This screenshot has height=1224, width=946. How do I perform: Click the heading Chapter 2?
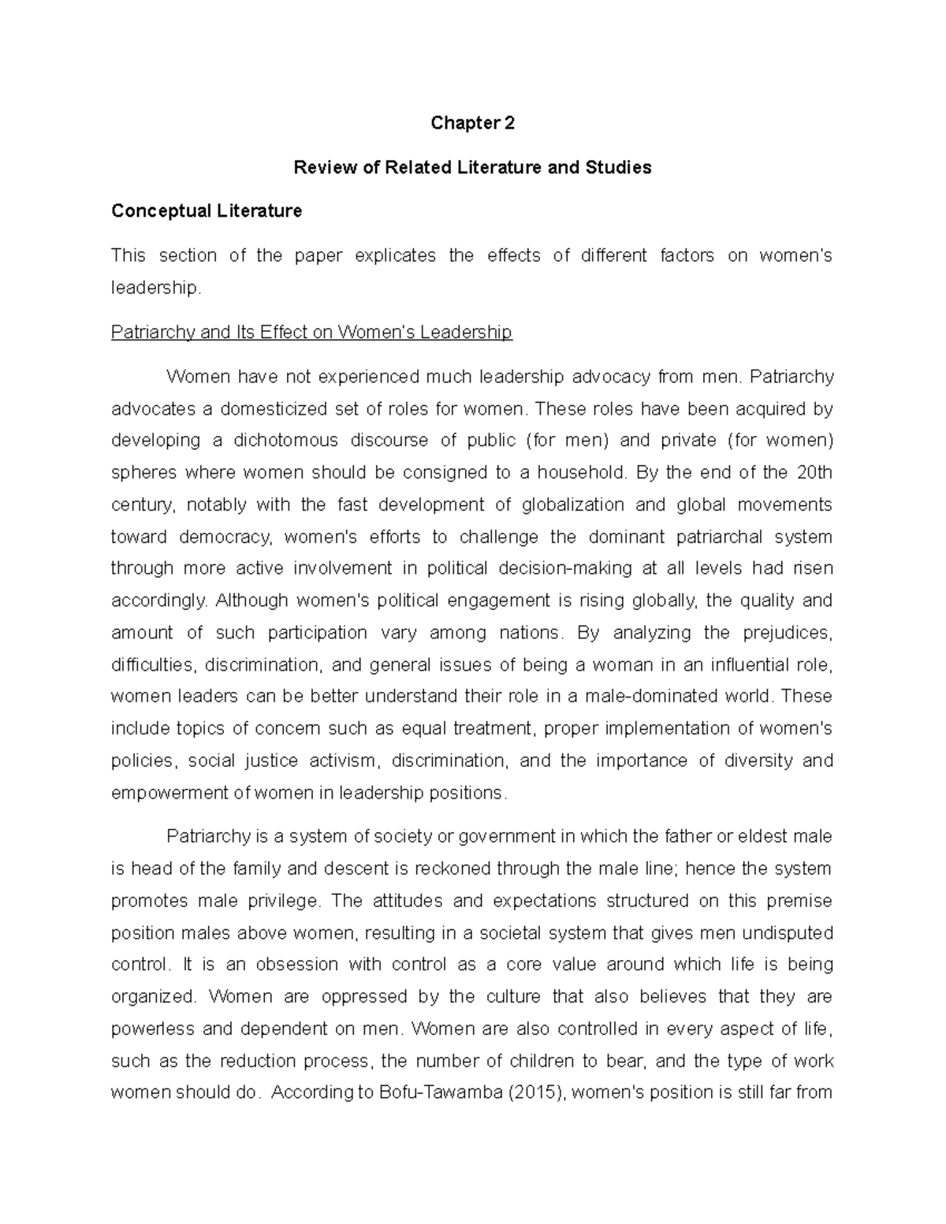point(472,123)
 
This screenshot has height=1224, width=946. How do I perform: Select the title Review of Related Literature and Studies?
point(472,167)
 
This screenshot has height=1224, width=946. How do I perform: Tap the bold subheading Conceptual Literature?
point(207,211)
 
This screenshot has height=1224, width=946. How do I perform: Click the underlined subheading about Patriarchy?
point(311,332)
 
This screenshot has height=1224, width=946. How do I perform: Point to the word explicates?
point(395,255)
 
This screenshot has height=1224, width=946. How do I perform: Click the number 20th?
point(814,472)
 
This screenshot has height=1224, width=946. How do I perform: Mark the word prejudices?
point(786,633)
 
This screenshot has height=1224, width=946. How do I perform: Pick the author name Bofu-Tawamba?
point(444,1093)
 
